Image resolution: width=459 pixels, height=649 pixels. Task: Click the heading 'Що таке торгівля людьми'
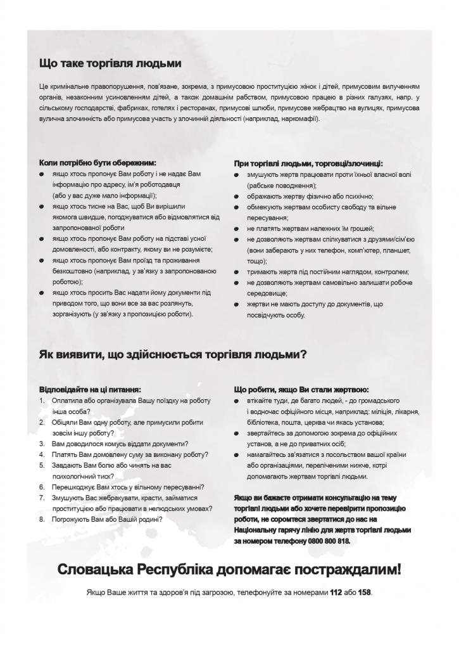(x=110, y=63)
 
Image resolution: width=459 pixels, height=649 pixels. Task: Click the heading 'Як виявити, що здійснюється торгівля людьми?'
(x=173, y=354)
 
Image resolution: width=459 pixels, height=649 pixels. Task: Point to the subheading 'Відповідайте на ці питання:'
(x=90, y=389)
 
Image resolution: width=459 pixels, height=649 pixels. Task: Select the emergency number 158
(x=365, y=592)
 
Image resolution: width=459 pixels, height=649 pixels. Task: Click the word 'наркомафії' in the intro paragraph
(x=301, y=119)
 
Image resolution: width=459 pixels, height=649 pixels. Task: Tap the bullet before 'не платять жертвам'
(x=236, y=228)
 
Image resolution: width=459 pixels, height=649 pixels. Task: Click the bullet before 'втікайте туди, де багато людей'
(x=236, y=401)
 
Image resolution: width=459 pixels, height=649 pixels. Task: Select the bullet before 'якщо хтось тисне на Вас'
(x=41, y=206)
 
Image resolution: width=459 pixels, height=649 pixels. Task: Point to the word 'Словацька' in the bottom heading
(x=94, y=569)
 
